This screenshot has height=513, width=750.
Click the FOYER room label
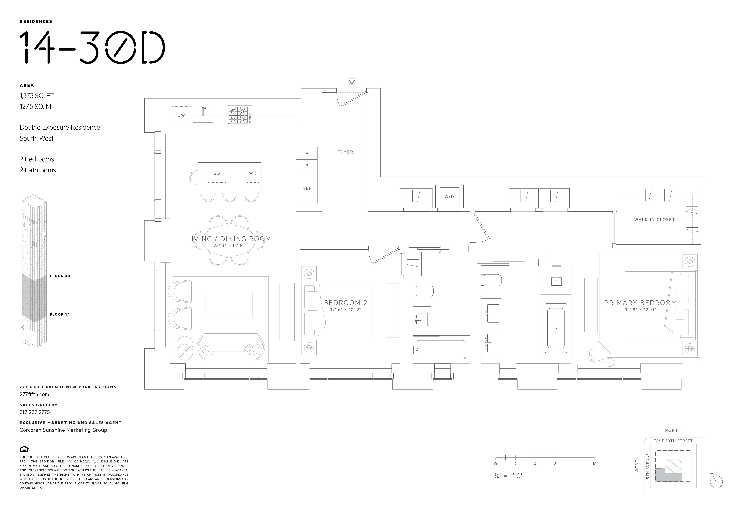[345, 152]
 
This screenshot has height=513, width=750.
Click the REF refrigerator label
[307, 188]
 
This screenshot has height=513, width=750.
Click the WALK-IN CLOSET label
[654, 220]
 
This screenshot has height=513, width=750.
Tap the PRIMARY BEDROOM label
[640, 303]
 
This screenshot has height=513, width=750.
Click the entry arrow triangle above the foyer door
[352, 81]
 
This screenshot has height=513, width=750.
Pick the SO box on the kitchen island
[217, 173]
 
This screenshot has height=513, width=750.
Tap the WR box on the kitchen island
[253, 173]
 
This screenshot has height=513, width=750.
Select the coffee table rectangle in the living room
[229, 305]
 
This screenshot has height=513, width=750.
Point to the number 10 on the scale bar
[594, 464]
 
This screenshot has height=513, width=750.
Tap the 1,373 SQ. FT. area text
[37, 96]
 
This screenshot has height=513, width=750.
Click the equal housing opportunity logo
[24, 449]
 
